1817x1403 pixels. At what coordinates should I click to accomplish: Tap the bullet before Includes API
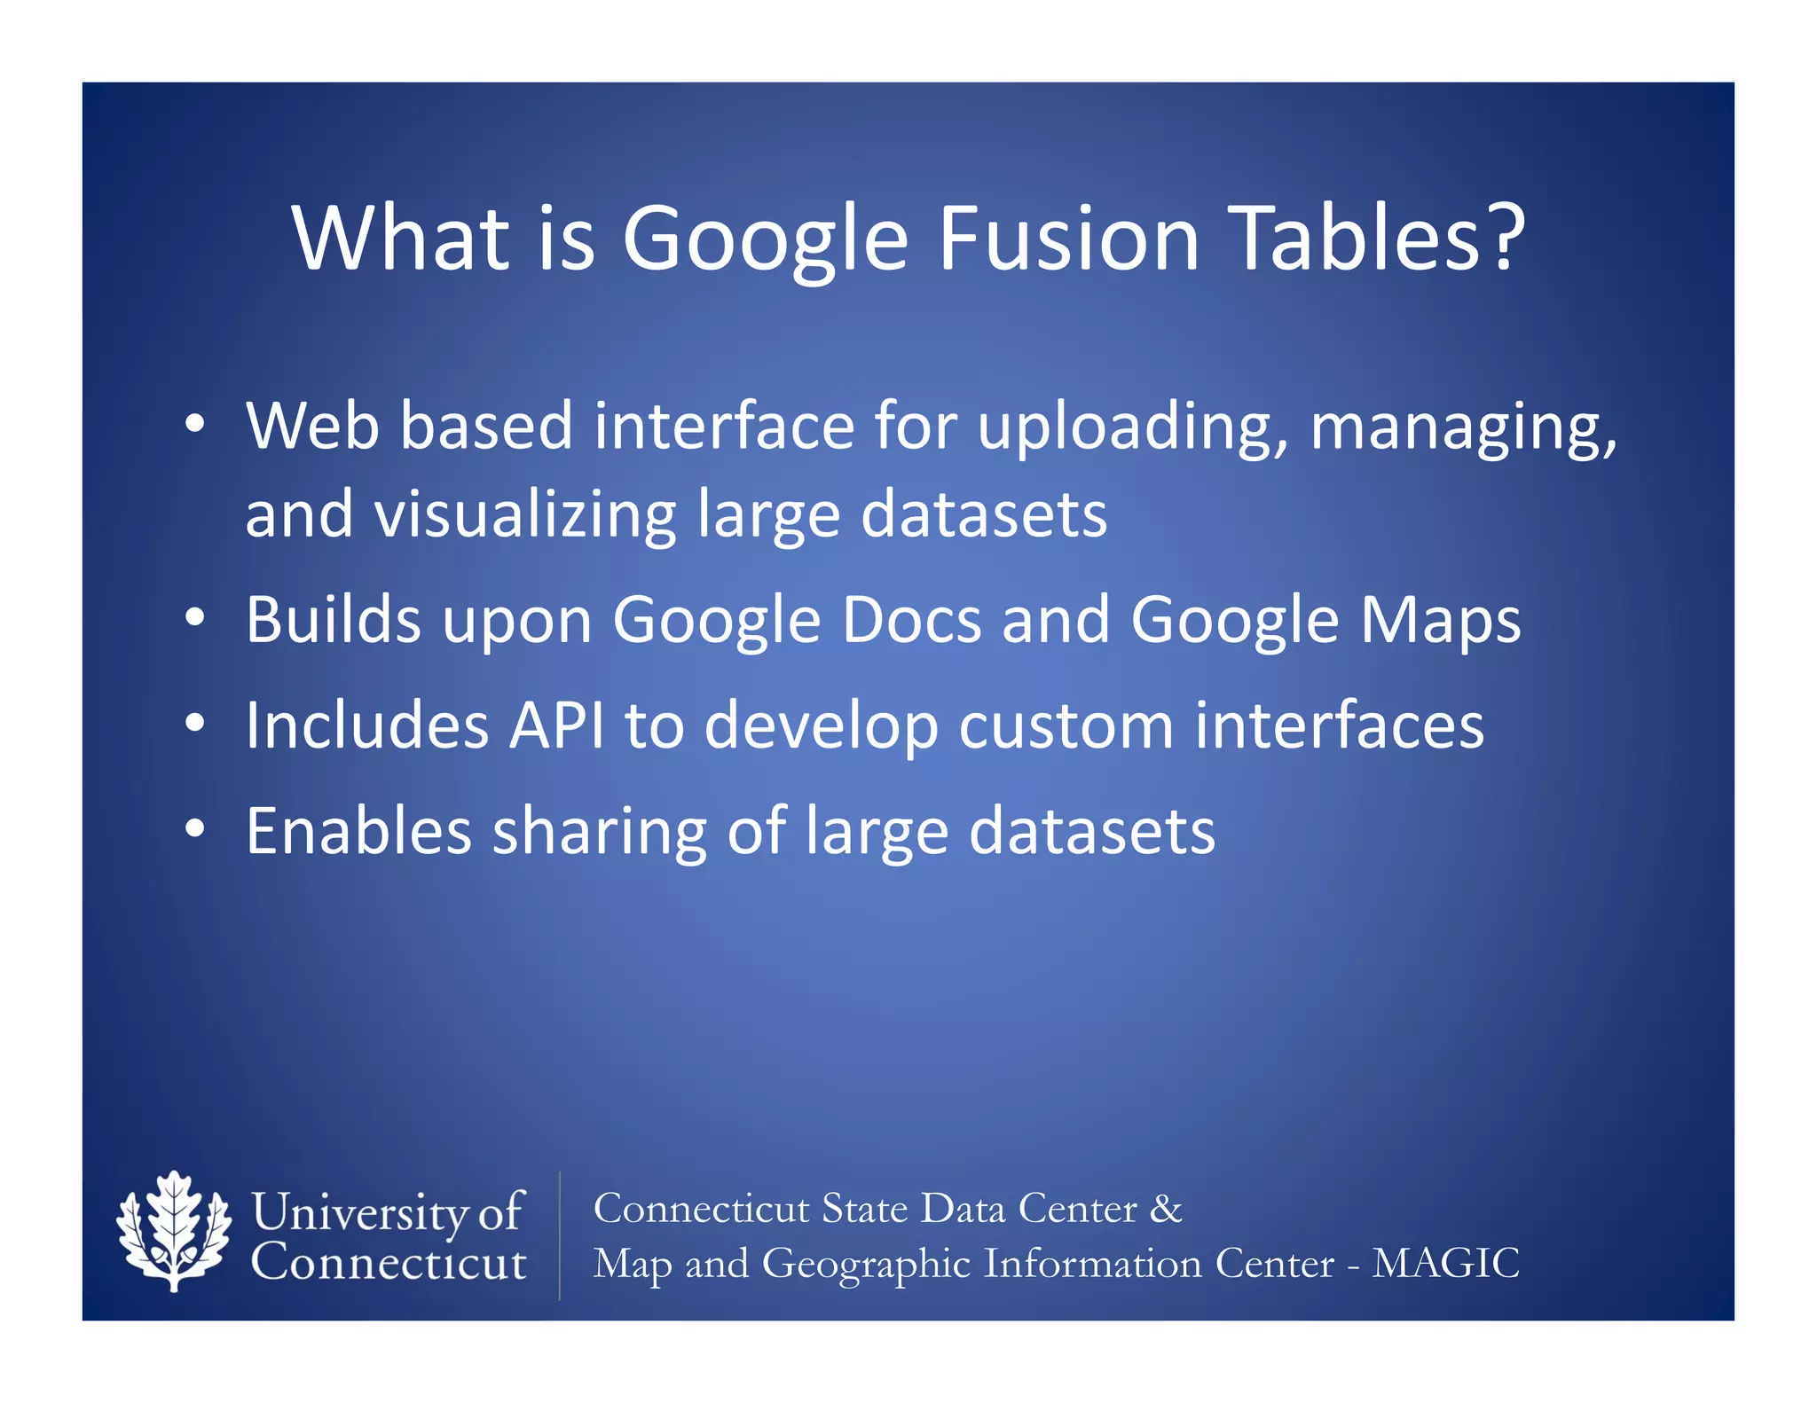195,723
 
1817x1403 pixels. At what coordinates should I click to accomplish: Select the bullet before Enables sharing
195,828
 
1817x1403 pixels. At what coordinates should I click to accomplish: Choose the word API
556,725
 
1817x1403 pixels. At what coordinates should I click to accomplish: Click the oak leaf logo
174,1231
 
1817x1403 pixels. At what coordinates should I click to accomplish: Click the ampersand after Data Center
1166,1209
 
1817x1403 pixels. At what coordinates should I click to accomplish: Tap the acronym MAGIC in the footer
1445,1263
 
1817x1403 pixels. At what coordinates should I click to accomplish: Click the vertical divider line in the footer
560,1235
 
